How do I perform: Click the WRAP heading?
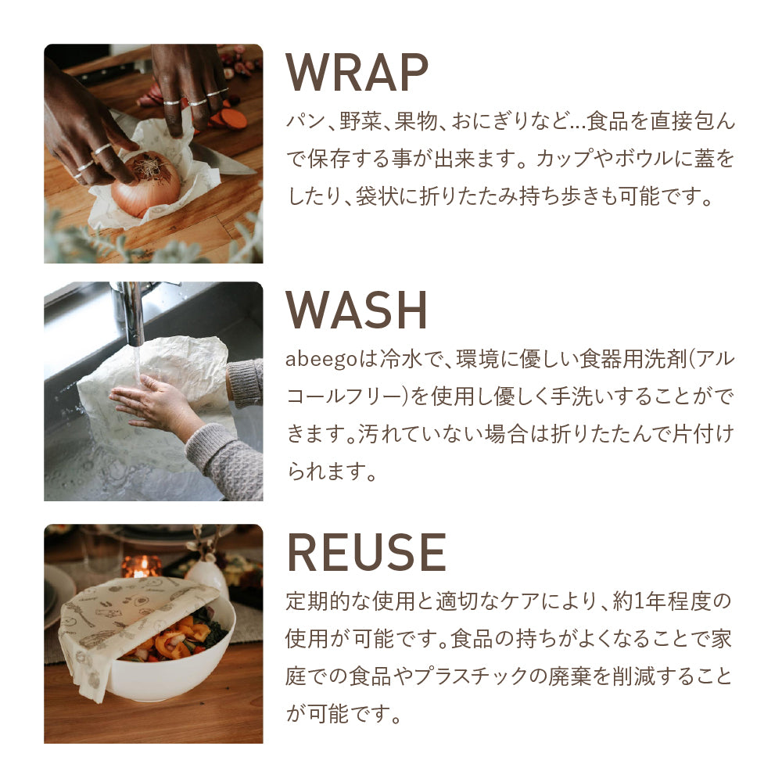[x=357, y=72]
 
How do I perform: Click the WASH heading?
[x=356, y=310]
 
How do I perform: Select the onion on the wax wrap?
[x=145, y=185]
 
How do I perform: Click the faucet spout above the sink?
[x=131, y=314]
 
